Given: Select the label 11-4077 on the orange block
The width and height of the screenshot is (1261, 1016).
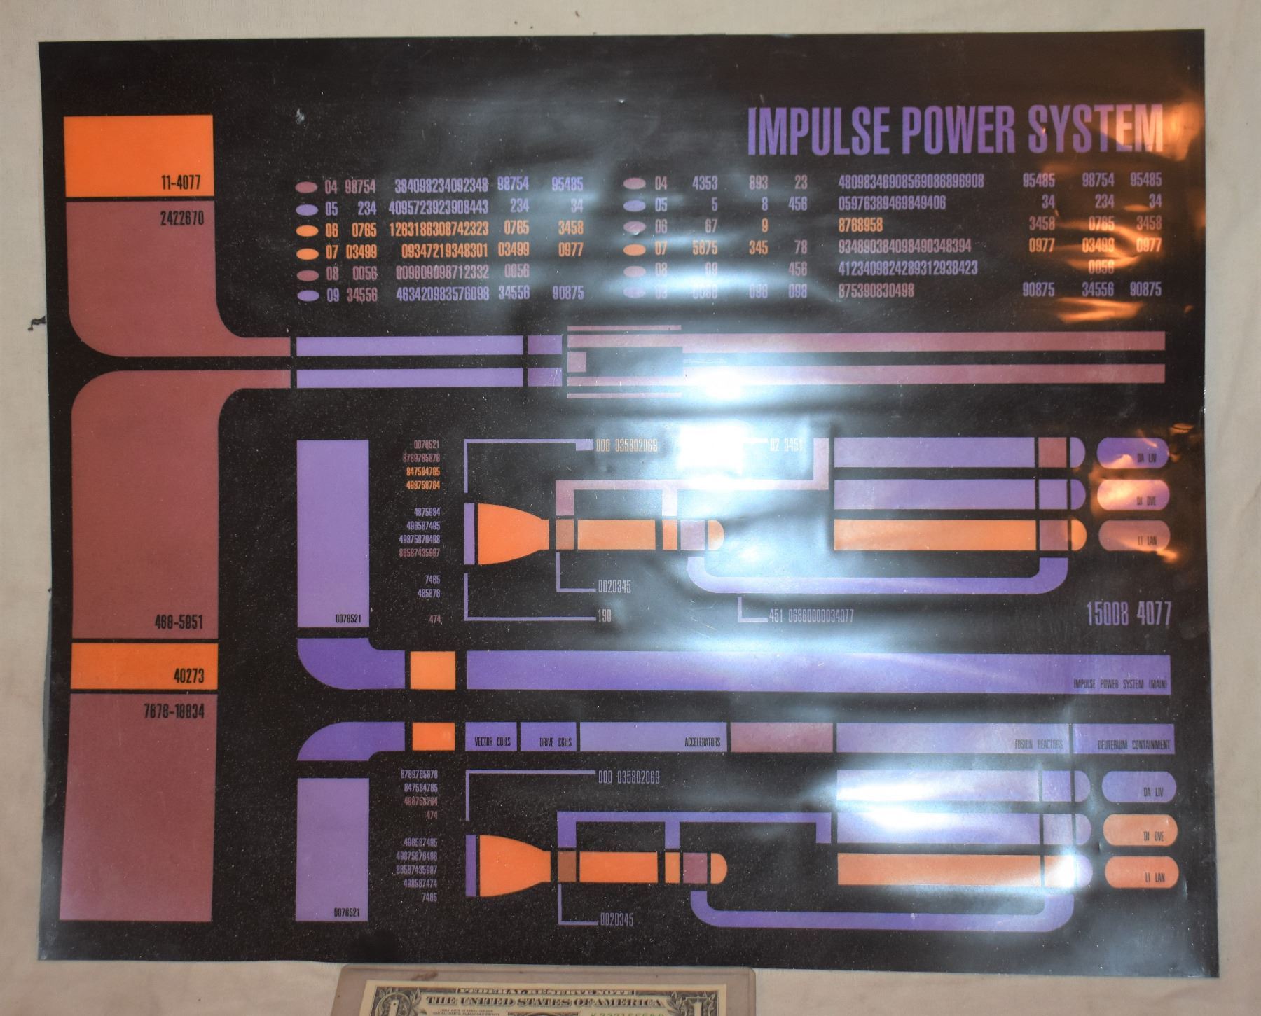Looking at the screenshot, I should (179, 185).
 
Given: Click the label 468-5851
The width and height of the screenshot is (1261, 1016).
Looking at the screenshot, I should (179, 622).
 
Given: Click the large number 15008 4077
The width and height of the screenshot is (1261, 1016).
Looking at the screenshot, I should (1128, 615).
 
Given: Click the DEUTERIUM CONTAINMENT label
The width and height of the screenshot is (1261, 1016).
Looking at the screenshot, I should (1133, 746).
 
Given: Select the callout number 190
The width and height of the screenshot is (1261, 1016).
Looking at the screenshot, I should (604, 617).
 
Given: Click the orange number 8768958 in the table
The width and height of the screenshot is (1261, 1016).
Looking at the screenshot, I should (860, 225).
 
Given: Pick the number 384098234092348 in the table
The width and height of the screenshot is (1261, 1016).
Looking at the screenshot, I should (441, 186).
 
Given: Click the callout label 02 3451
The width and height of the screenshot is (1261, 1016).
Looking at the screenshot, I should (786, 445).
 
